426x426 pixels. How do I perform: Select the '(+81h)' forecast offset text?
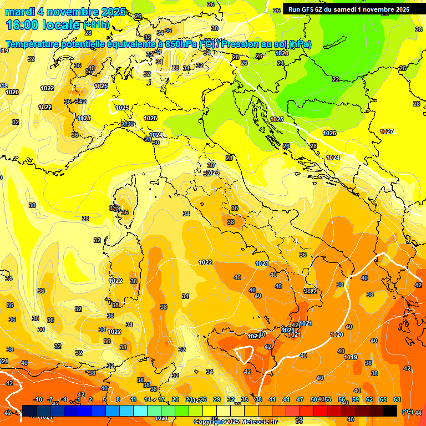click(97, 26)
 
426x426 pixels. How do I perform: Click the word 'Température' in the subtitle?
click(33, 44)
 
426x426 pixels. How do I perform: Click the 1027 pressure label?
click(387, 131)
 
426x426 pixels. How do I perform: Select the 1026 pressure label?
click(329, 133)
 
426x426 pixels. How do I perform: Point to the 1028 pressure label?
click(282, 53)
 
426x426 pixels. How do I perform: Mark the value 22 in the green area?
click(336, 79)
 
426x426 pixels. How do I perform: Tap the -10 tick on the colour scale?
click(38, 399)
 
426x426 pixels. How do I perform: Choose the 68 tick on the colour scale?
click(397, 399)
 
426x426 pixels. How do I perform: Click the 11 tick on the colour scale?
click(133, 399)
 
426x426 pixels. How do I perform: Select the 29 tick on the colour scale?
click(216, 399)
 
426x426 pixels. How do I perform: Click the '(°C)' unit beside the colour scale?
click(407, 412)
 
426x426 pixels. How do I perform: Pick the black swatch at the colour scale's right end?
click(390, 410)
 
